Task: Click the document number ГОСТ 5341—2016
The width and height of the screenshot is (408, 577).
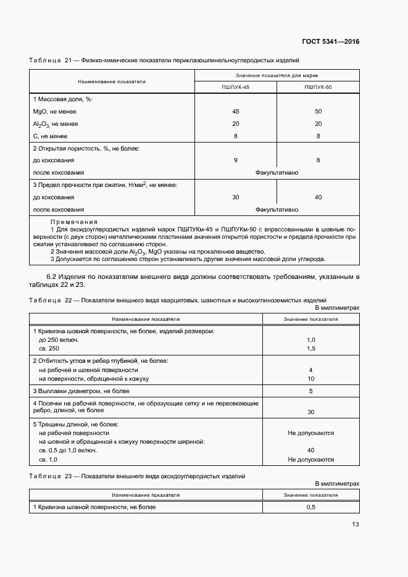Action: tap(330, 42)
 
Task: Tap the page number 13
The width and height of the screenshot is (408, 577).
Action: tap(355, 525)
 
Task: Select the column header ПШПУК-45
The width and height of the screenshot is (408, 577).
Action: tap(235, 88)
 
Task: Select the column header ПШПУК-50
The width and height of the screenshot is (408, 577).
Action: tap(318, 88)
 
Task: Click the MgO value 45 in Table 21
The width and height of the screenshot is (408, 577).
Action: tap(235, 112)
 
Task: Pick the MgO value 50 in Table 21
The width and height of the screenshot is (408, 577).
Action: tap(318, 112)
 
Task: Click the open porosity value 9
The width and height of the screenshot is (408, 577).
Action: tap(235, 160)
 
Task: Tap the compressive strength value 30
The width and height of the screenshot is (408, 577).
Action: tap(235, 197)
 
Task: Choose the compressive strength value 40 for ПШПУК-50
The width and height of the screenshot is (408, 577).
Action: tap(318, 197)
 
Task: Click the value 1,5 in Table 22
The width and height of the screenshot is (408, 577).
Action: tap(310, 349)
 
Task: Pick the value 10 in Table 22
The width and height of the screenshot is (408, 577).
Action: tap(310, 378)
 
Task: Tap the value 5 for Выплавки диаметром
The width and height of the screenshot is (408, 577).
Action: tap(310, 391)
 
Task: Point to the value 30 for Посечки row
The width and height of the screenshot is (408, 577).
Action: tap(310, 412)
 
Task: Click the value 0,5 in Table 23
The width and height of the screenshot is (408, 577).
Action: tap(310, 507)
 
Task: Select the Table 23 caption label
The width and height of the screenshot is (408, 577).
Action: tap(51, 476)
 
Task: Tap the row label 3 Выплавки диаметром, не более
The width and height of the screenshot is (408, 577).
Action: tap(81, 391)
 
